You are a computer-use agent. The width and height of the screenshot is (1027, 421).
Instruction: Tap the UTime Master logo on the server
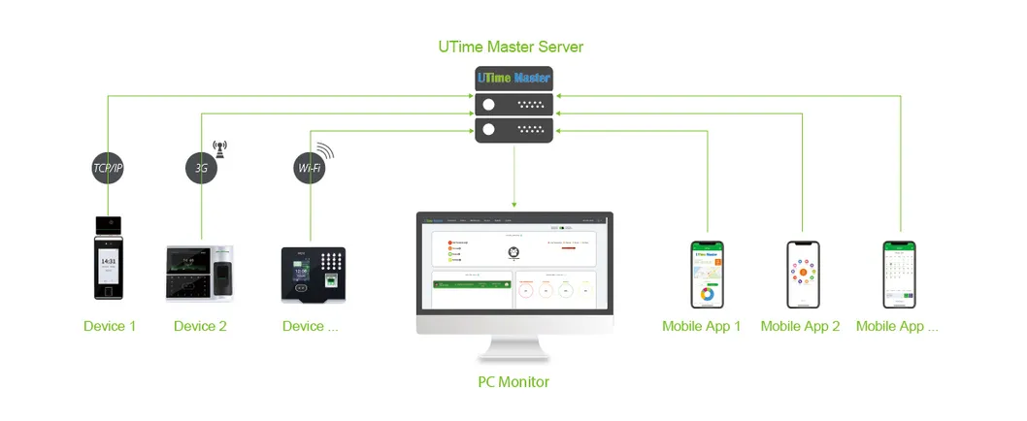pyautogui.click(x=513, y=78)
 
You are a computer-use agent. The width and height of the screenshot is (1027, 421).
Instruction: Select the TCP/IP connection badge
pyautogui.click(x=108, y=167)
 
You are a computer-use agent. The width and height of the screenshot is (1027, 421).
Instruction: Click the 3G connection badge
pyautogui.click(x=201, y=167)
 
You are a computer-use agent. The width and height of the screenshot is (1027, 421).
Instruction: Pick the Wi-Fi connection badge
pyautogui.click(x=309, y=168)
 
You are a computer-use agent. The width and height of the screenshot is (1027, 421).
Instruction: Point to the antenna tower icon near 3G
pyautogui.click(x=220, y=147)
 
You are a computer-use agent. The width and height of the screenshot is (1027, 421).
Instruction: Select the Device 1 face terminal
pyautogui.click(x=110, y=256)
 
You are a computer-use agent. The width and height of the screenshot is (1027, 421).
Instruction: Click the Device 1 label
pyautogui.click(x=110, y=326)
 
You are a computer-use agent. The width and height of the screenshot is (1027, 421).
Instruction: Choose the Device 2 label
pyautogui.click(x=200, y=326)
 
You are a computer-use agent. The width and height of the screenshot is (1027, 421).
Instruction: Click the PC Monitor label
pyautogui.click(x=513, y=381)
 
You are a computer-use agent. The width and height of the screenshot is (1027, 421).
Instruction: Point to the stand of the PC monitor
pyautogui.click(x=513, y=346)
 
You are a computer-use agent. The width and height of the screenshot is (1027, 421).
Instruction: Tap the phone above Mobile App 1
pyautogui.click(x=707, y=275)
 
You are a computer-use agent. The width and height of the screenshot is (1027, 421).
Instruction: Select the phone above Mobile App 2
pyautogui.click(x=802, y=275)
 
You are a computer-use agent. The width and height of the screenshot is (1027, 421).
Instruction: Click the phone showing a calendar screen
pyautogui.click(x=898, y=275)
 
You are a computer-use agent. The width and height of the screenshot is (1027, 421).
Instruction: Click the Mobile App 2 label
pyautogui.click(x=800, y=326)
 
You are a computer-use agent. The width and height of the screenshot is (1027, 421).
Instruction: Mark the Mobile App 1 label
pyautogui.click(x=701, y=326)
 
